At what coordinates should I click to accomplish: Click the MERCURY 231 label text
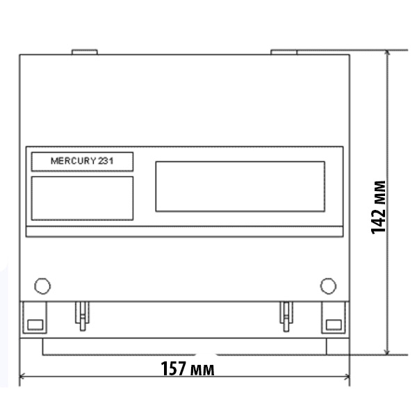point(82,161)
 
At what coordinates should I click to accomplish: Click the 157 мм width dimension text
point(188,368)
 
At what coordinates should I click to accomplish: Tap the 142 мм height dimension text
point(378,207)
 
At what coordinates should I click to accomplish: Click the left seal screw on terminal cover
point(83,316)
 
